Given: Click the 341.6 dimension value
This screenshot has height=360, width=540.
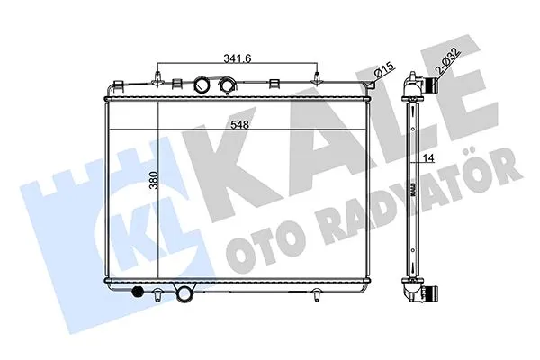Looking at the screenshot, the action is [238, 58].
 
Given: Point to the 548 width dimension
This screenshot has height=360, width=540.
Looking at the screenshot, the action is [240, 124].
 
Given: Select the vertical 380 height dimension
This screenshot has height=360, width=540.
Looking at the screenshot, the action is [154, 180].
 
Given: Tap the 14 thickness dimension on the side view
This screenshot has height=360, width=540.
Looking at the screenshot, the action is [428, 157].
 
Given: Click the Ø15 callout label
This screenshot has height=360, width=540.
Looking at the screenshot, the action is [383, 70].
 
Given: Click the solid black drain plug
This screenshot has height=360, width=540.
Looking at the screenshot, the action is [138, 291].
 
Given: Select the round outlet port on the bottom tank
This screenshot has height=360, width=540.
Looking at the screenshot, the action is [184, 293].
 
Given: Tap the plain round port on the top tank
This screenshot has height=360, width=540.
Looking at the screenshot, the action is [201, 84].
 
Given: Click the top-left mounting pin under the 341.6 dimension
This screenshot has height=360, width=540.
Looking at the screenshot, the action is [157, 78].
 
